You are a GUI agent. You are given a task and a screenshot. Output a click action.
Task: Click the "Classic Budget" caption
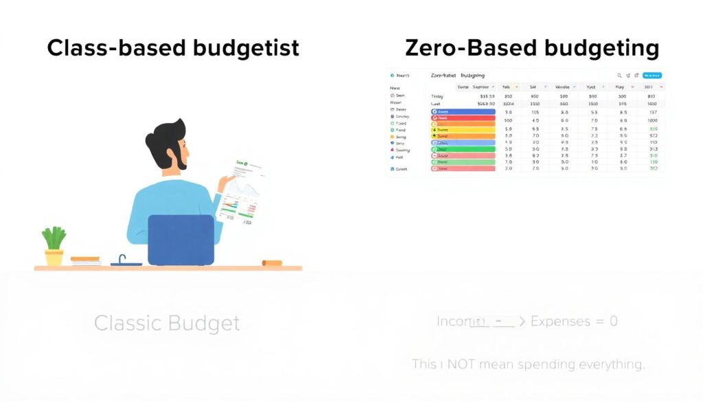tap(167, 323)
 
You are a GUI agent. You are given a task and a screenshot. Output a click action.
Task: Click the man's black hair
tap(165, 138)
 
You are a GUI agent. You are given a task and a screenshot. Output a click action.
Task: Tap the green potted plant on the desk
tap(54, 238)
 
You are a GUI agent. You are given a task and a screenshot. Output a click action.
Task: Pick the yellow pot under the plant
tap(54, 258)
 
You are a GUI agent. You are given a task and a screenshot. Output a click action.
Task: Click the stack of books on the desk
tap(86, 261)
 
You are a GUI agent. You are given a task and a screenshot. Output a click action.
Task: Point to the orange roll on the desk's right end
tap(272, 263)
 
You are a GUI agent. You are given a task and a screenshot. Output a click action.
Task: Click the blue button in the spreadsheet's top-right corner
tap(652, 75)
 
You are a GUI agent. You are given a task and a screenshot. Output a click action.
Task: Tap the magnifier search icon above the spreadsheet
tap(619, 75)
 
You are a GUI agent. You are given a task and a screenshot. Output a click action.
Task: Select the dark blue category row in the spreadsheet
tap(463, 111)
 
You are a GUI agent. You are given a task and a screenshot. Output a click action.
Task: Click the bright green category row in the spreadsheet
tap(463, 148)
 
